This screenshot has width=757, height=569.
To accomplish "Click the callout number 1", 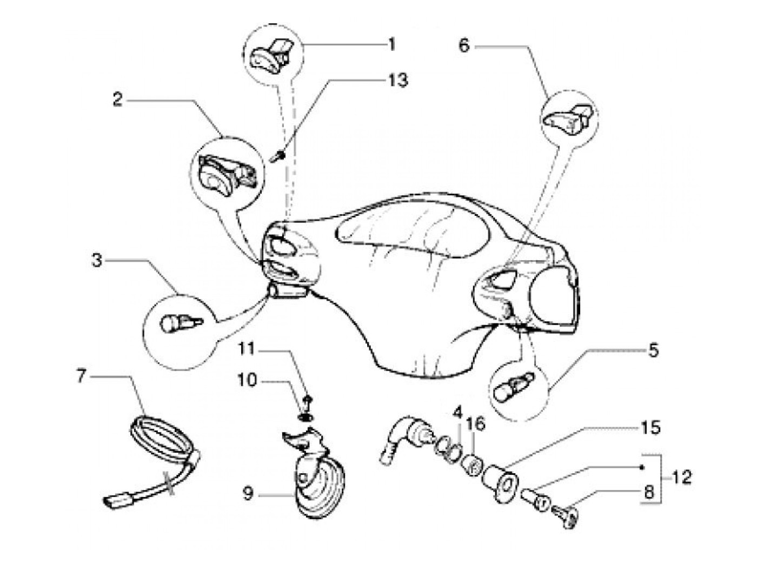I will pos(391,44).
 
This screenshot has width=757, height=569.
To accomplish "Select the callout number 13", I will pos(397,80).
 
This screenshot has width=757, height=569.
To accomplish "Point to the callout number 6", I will pos(463,46).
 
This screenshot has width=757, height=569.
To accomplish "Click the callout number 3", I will pos(97,261).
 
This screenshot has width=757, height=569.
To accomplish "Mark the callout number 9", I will pos(248,494).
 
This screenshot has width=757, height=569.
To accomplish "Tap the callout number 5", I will pos(653,351).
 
